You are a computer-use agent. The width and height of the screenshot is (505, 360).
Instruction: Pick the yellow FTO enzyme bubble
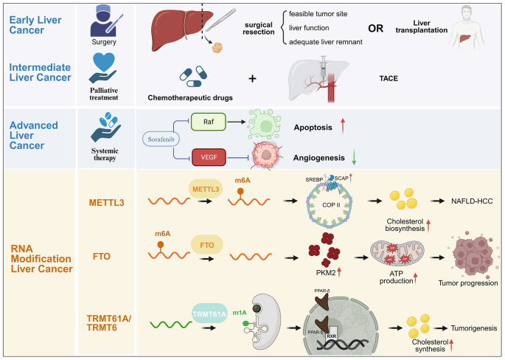206,243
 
